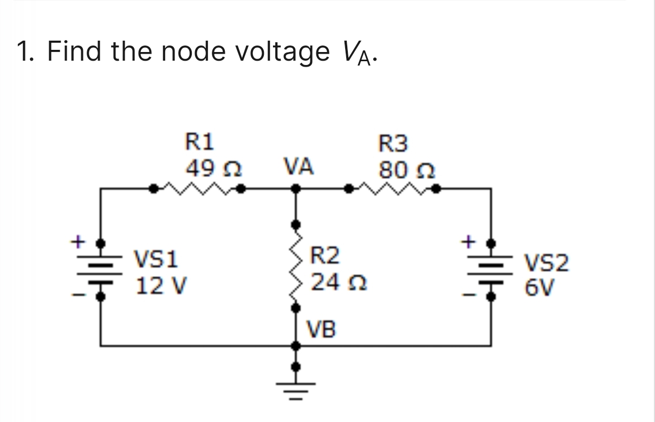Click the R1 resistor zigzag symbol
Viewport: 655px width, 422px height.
[x=198, y=189]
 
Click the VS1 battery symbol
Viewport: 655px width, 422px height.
[x=100, y=269]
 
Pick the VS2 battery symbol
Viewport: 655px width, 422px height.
[x=491, y=269]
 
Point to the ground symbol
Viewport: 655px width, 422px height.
[x=295, y=386]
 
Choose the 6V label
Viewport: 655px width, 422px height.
[x=539, y=287]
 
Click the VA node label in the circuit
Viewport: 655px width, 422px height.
[x=297, y=166]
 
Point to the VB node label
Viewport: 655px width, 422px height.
[x=321, y=328]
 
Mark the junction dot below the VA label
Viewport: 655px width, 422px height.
[x=295, y=189]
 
